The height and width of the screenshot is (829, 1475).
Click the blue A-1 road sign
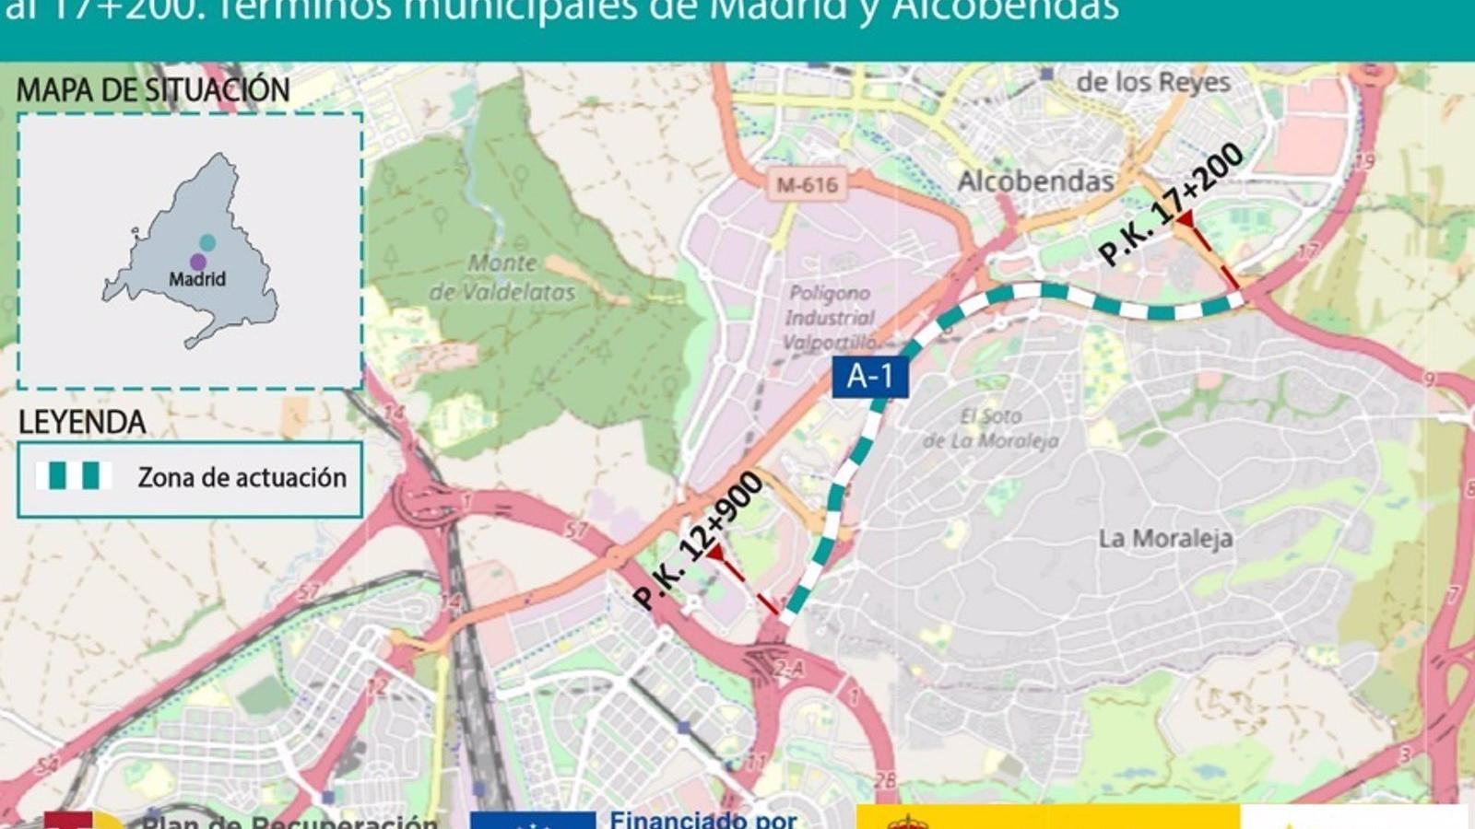pos(869,377)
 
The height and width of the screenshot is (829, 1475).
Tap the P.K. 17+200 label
pos(1171,204)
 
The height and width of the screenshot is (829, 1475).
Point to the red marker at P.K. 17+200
pos(1186,219)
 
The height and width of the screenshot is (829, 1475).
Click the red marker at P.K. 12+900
pos(715,553)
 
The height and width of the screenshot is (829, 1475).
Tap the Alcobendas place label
pos(1035,181)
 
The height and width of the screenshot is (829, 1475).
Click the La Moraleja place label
pos(1165,538)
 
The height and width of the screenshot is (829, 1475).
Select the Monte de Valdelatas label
pos(502,277)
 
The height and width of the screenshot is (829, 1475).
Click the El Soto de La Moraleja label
pos(991,428)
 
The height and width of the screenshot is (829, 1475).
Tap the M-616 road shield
pos(807,185)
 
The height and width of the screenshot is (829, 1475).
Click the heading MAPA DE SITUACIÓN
pos(153,90)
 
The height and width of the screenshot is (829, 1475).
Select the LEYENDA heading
pos(82,423)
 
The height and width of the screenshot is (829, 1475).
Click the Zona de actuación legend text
pos(242,477)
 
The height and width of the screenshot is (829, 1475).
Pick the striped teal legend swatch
pos(74,476)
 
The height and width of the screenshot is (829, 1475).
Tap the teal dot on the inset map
pos(207,242)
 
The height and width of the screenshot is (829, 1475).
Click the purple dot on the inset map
pos(197,262)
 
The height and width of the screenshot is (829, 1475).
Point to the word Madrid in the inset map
pos(196,279)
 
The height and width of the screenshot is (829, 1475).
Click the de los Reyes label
pos(1153,82)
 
